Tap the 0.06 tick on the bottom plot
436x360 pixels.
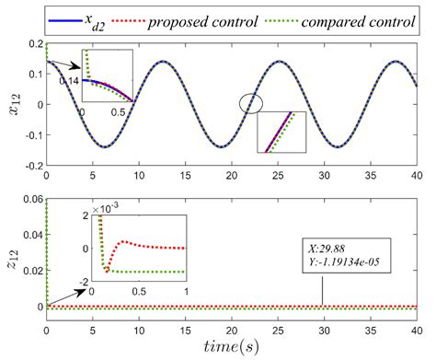point(32,200)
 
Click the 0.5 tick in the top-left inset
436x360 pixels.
point(119,112)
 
